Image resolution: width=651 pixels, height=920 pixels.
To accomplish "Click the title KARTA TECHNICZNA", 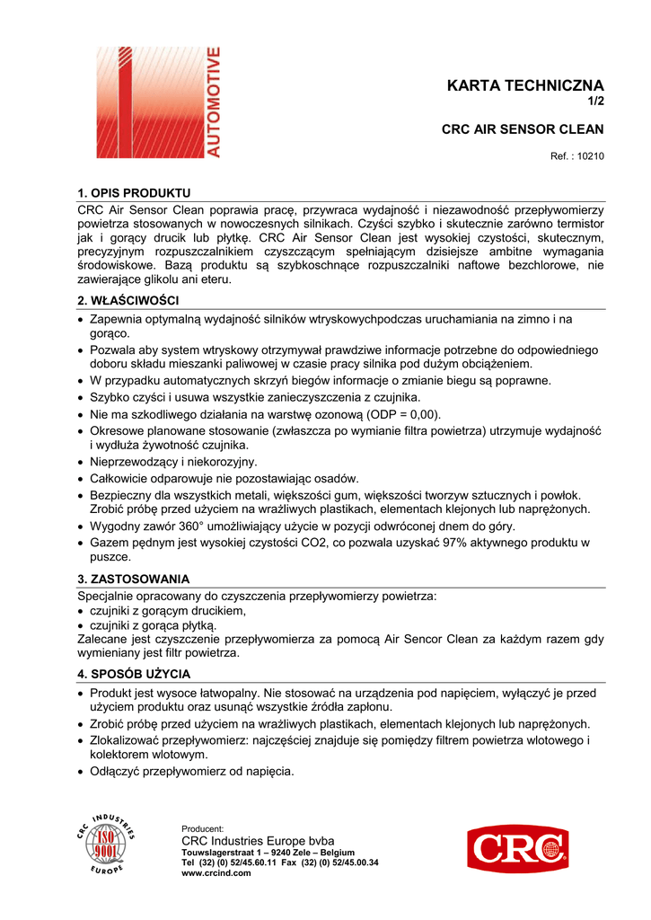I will tap(525, 86).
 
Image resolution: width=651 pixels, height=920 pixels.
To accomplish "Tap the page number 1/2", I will tap(595, 102).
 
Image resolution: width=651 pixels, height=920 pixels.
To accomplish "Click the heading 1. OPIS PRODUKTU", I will tap(134, 193).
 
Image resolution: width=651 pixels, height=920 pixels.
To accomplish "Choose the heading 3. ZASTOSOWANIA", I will tap(134, 579).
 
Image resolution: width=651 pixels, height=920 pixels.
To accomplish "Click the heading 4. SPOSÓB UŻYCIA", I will tap(134, 674).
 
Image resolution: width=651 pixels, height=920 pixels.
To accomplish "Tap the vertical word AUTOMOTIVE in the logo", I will tap(213, 102).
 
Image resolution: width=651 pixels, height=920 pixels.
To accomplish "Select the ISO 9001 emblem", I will tap(105, 845).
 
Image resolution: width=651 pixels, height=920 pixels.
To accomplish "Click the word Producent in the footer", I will tap(202, 828).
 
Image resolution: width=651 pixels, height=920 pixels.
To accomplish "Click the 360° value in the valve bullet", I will tap(197, 526).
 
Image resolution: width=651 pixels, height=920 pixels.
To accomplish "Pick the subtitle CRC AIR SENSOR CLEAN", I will tap(523, 129).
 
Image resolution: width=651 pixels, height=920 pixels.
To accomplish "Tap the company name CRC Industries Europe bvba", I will tap(258, 840).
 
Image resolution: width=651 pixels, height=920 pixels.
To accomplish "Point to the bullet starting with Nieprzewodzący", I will tap(173, 462).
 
